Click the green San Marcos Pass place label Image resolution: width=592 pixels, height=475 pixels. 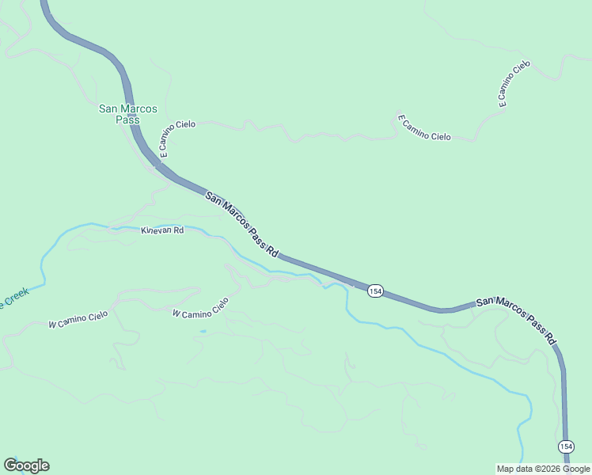pyautogui.click(x=127, y=113)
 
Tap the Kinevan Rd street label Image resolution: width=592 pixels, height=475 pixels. pyautogui.click(x=162, y=230)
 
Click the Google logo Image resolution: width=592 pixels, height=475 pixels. pyautogui.click(x=26, y=465)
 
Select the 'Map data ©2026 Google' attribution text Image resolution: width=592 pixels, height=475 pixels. pyautogui.click(x=543, y=469)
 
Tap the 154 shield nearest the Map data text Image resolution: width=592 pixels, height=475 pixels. pyautogui.click(x=565, y=447)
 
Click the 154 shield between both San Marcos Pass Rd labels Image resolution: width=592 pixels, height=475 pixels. pyautogui.click(x=375, y=291)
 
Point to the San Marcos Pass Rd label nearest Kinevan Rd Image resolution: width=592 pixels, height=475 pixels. pyautogui.click(x=242, y=224)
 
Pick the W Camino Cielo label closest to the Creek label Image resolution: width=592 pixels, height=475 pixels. pyautogui.click(x=78, y=320)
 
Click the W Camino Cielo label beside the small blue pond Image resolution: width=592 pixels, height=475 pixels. pyautogui.click(x=200, y=308)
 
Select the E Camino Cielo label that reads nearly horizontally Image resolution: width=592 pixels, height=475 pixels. pyautogui.click(x=423, y=127)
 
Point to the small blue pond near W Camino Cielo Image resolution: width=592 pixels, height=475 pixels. pyautogui.click(x=203, y=331)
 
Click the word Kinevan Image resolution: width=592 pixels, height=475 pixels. pyautogui.click(x=156, y=230)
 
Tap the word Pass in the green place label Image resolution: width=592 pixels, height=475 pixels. pyautogui.click(x=127, y=120)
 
